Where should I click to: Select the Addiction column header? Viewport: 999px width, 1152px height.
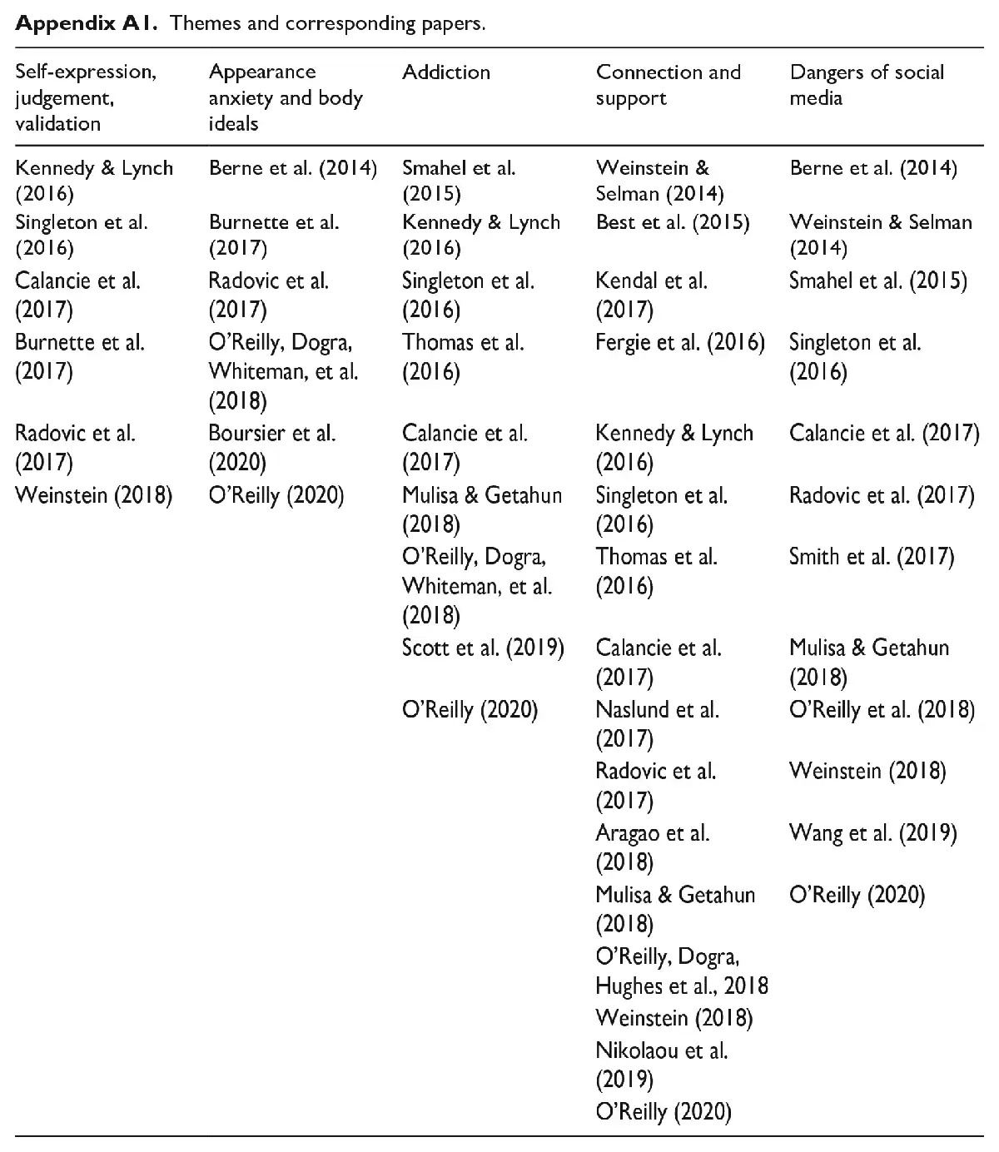click(446, 72)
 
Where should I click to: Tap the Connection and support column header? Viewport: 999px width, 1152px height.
click(668, 85)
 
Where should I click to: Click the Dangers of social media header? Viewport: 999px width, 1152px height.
click(867, 85)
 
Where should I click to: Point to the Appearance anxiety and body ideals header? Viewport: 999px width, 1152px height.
click(286, 97)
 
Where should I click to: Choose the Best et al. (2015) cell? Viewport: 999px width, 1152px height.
click(673, 222)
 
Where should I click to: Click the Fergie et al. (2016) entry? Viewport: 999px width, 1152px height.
click(680, 342)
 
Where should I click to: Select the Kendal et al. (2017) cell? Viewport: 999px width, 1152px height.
click(651, 295)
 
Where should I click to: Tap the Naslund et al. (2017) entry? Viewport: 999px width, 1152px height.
click(657, 724)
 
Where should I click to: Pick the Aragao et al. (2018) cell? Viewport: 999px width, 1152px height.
click(652, 847)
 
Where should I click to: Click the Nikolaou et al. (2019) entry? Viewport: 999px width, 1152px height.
click(661, 1065)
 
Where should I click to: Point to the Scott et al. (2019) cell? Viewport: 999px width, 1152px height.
click(483, 648)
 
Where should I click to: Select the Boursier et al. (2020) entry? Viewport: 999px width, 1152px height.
click(271, 447)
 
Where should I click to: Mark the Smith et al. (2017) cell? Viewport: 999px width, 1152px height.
click(871, 556)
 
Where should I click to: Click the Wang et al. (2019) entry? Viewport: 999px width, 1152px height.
click(872, 832)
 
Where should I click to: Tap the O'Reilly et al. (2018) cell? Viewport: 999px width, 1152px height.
click(882, 710)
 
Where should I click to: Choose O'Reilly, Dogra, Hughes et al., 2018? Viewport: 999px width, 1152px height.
click(681, 971)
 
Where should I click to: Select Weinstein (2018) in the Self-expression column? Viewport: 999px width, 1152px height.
click(93, 496)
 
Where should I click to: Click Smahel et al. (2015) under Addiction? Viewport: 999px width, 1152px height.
click(458, 181)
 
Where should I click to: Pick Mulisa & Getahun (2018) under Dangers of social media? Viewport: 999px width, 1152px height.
click(868, 663)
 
